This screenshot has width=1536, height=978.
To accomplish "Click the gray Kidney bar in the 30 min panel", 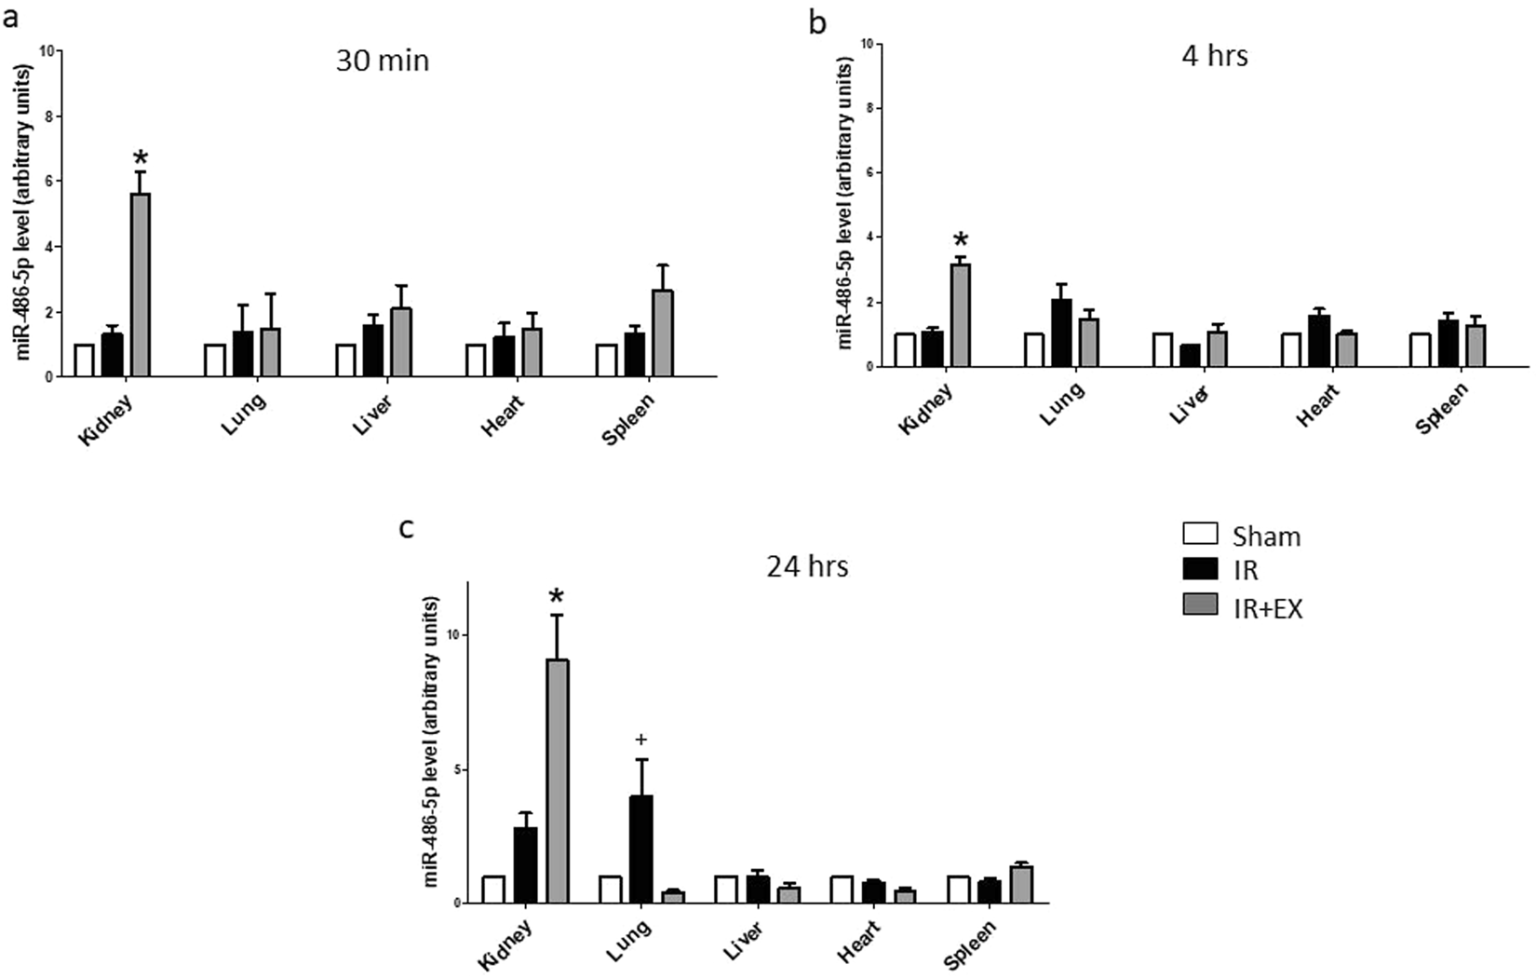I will click(x=141, y=284).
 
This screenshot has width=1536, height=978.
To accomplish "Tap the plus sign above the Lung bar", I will click(x=640, y=740).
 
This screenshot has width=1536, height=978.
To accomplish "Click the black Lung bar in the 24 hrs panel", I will click(x=640, y=849).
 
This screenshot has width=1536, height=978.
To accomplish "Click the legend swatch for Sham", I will click(x=1200, y=535).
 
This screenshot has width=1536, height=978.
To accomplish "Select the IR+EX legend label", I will click(x=1267, y=609).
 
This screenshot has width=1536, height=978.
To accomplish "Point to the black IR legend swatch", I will click(x=1200, y=571).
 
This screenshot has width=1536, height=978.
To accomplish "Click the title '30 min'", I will click(x=383, y=61).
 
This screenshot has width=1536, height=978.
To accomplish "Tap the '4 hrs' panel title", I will click(x=1214, y=56).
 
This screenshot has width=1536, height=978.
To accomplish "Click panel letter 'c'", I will click(x=406, y=528).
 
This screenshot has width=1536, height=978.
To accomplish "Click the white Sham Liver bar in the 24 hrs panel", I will click(x=726, y=890).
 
